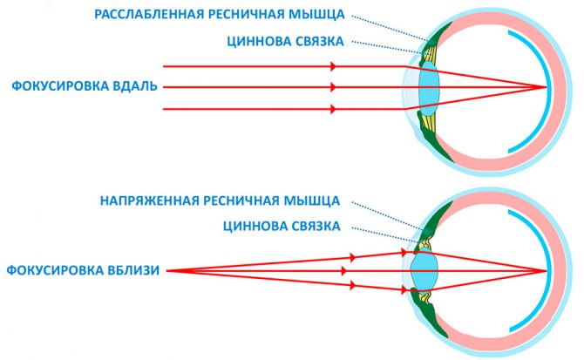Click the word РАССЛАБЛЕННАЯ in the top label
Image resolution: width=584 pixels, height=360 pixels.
[x=149, y=14]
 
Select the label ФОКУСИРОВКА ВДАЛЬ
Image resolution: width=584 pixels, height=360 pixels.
[x=85, y=86]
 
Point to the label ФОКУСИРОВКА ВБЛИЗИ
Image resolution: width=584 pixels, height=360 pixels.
[x=83, y=270]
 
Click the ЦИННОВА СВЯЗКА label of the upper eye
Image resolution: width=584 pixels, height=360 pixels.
[x=285, y=41]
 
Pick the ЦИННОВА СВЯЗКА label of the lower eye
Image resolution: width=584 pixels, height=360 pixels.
[x=282, y=226]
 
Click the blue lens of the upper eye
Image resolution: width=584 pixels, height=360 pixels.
[x=430, y=89]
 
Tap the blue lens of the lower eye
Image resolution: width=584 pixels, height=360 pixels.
[x=424, y=270]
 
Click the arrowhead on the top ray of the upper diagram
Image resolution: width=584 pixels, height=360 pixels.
[x=333, y=66]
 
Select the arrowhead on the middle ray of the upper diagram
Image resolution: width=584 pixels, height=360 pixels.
[x=333, y=87]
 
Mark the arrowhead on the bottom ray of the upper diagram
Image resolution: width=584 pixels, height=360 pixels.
[x=333, y=109]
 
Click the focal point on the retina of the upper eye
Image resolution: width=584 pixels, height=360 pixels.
[x=546, y=87]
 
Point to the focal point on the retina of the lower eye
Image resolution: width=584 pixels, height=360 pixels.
[x=546, y=270]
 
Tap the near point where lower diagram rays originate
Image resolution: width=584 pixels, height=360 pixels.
[x=166, y=270]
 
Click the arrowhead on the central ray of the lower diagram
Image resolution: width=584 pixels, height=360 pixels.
[x=343, y=270]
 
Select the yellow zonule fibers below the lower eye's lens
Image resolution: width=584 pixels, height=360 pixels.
[x=424, y=296]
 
